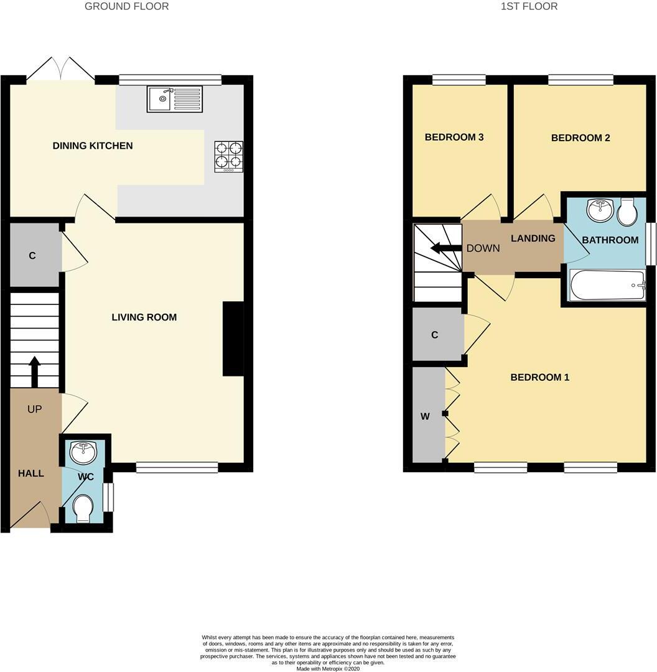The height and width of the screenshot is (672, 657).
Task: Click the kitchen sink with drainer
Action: click(x=175, y=99)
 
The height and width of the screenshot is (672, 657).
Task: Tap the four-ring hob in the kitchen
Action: click(x=229, y=157)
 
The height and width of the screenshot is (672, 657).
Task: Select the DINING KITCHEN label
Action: click(x=93, y=146)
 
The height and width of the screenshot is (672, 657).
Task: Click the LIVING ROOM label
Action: click(x=144, y=317)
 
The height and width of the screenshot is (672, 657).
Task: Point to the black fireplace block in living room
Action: click(x=233, y=338)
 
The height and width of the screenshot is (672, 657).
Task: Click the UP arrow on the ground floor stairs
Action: click(x=34, y=371)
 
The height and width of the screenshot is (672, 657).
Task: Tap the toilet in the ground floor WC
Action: click(x=83, y=510)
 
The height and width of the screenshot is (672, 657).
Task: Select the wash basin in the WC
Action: click(x=83, y=452)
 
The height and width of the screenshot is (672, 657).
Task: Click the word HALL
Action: click(x=30, y=474)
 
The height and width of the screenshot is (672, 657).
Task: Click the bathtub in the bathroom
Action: click(x=607, y=286)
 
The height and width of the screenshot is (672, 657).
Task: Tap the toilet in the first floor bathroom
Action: click(x=627, y=212)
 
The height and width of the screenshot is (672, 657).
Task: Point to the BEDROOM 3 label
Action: click(x=454, y=138)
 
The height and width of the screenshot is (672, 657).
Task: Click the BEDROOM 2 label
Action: click(x=580, y=138)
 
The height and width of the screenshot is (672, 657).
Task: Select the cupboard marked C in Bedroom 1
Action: click(x=435, y=335)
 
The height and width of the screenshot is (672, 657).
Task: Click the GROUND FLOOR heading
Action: click(x=126, y=6)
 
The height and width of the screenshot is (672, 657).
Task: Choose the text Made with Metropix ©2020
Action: click(x=328, y=669)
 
